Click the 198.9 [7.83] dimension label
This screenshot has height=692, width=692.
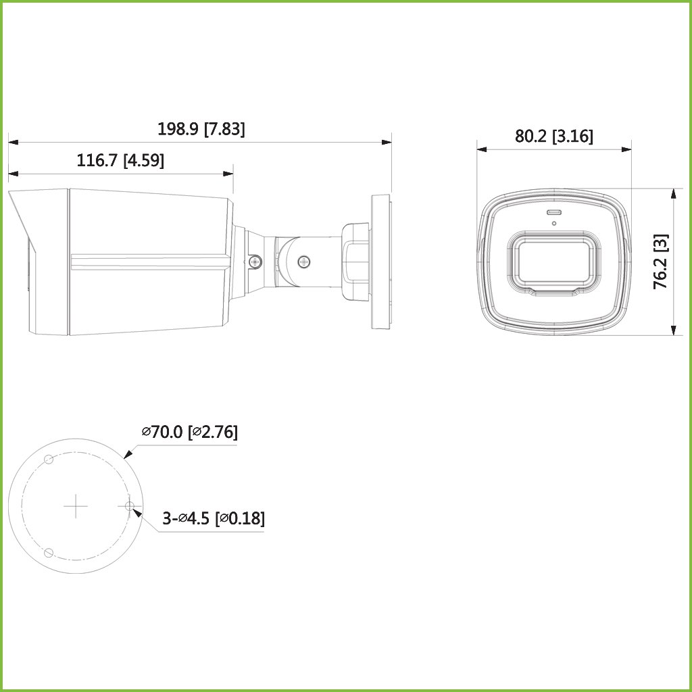[x=201, y=129]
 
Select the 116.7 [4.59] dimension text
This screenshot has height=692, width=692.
[x=120, y=160]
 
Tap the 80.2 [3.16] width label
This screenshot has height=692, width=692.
[x=554, y=136]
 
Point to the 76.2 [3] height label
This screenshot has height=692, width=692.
[x=661, y=262]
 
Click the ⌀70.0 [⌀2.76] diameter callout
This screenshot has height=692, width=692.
[x=190, y=432]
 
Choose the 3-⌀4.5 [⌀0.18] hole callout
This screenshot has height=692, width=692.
[x=214, y=518]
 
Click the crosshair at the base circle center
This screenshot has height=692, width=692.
[x=76, y=505]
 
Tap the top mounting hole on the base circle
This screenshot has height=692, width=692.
[x=49, y=460]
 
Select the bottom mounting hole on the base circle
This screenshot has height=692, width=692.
[x=49, y=552]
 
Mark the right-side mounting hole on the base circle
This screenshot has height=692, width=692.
[x=129, y=505]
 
